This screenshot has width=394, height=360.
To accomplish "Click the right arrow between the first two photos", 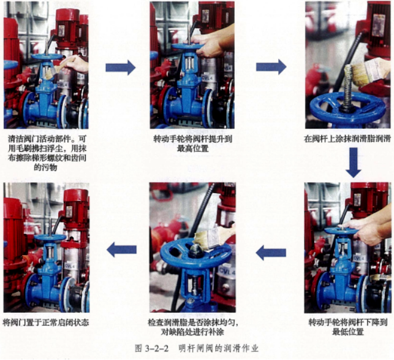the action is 120,67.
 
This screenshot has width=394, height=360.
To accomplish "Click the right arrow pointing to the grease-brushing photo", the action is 271,67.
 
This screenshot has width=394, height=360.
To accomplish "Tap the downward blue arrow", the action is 354,163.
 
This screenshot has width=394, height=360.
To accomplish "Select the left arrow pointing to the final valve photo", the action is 121,250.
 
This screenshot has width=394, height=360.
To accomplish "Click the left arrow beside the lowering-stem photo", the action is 271,253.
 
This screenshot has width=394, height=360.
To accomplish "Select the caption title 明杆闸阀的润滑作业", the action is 218,348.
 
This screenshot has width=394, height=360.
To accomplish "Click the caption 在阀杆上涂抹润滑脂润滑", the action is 347,139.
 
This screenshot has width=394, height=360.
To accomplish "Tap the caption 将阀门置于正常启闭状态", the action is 46,322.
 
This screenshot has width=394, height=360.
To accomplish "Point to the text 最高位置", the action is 193,148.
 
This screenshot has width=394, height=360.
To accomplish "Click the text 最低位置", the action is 348,332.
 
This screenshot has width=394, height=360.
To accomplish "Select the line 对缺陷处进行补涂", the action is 192,332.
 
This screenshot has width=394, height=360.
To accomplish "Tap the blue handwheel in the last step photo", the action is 50,237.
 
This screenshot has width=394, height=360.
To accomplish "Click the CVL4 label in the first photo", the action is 63,85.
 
